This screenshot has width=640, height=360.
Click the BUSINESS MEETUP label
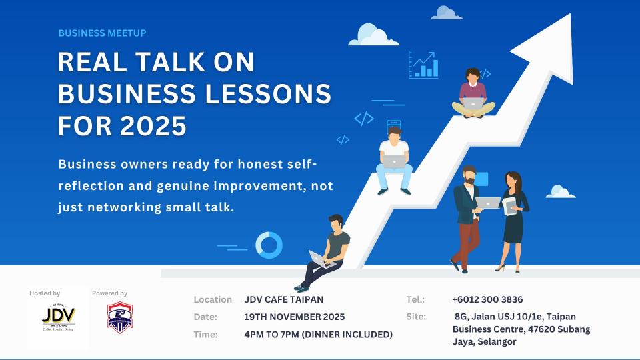point(102,33)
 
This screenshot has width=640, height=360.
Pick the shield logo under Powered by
point(120,317)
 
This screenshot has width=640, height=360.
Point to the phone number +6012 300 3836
point(487,299)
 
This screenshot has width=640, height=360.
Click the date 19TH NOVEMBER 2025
point(295,317)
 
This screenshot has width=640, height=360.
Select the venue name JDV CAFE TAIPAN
point(284,299)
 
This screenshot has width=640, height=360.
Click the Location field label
point(213,299)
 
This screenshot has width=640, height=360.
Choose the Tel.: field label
point(415,299)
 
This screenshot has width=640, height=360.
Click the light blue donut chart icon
point(269,245)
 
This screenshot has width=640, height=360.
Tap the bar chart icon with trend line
point(423,65)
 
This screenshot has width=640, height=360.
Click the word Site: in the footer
point(415,317)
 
